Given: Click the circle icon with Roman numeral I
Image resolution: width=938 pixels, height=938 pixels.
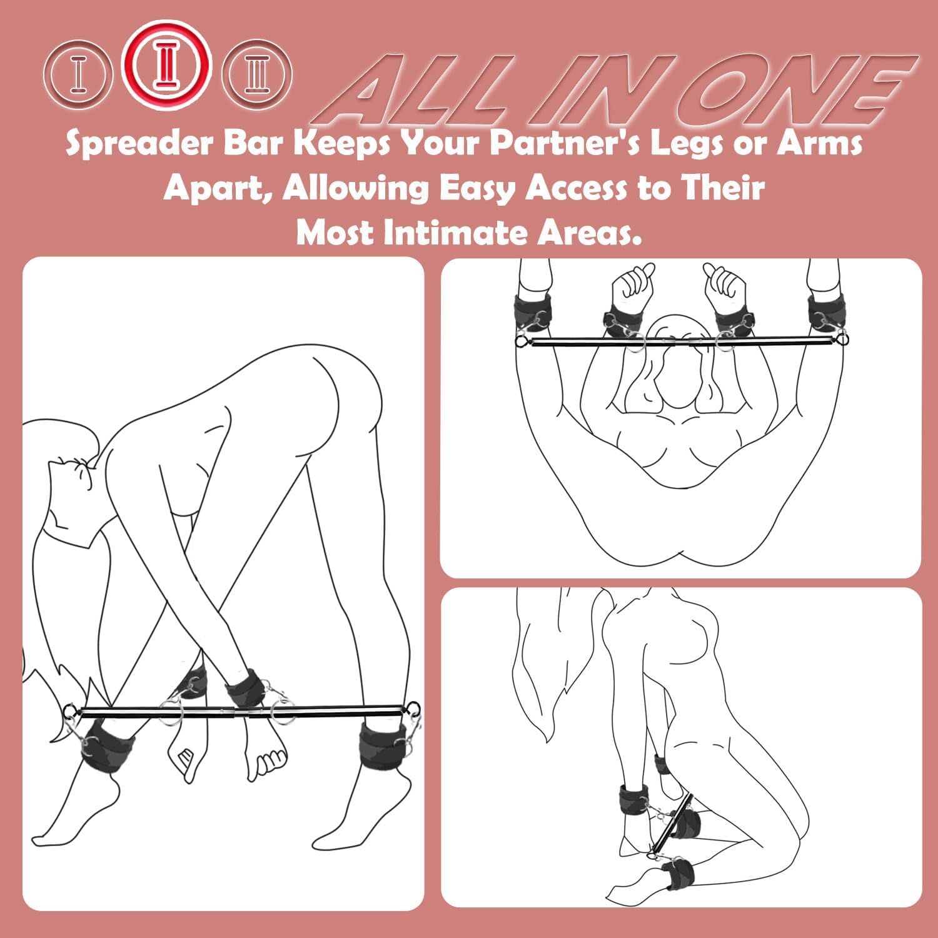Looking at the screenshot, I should point(78,74).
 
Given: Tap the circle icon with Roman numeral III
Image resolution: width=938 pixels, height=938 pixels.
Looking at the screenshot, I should point(256,74).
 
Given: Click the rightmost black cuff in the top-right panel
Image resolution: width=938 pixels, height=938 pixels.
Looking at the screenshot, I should point(827,313).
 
